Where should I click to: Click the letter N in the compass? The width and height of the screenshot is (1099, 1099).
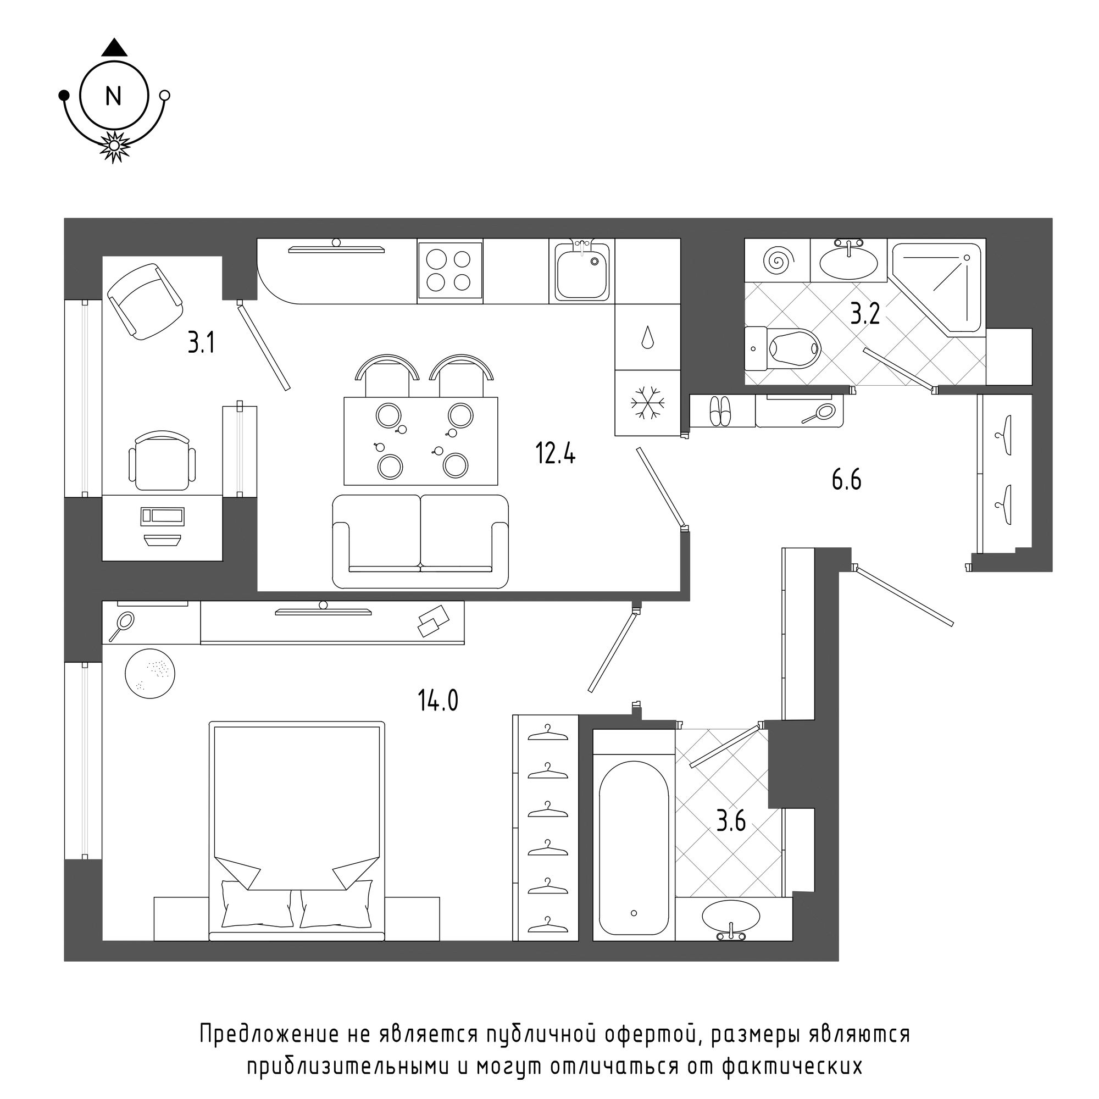tap(114, 96)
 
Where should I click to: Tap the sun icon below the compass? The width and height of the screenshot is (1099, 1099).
tap(114, 146)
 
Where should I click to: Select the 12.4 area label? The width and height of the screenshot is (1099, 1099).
tap(555, 454)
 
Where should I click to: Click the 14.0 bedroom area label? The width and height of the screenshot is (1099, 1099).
tap(438, 700)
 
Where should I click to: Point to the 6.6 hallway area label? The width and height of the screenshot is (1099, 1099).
tap(846, 481)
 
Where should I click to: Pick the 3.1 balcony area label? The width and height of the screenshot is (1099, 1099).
tap(201, 343)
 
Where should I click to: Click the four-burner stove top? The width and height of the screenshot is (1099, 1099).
tap(449, 271)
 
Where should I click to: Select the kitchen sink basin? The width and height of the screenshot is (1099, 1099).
tap(581, 274)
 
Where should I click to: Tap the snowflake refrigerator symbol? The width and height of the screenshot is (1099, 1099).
tap(647, 403)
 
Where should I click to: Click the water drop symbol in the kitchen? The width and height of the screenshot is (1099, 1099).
tap(647, 337)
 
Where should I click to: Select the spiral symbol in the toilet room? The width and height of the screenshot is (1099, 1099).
tap(777, 260)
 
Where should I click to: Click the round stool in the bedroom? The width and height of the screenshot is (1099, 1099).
tap(149, 674)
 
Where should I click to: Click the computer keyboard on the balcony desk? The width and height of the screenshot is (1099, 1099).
tap(163, 516)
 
